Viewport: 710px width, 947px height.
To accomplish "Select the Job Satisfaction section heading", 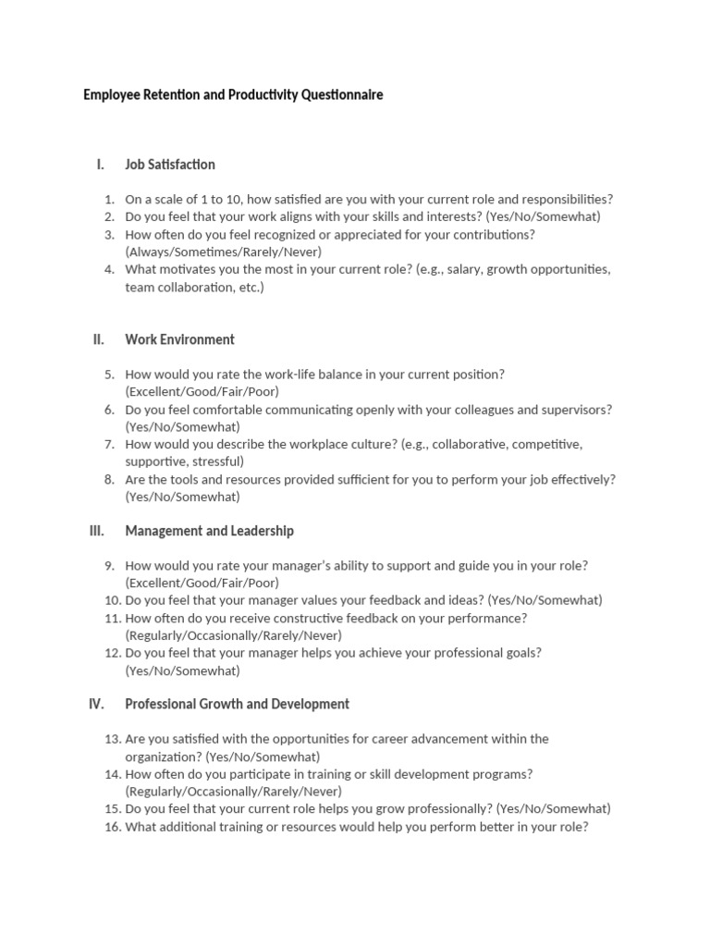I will tap(170, 165).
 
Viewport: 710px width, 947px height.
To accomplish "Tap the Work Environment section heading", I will tap(179, 339).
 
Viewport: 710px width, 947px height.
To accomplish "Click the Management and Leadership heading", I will tap(209, 531).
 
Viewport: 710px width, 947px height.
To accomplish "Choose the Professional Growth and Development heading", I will tap(237, 704).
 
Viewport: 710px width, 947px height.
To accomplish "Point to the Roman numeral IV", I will tap(96, 704).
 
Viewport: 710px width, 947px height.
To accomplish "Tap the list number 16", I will tap(112, 827).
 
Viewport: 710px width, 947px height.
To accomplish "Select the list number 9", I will tap(109, 565).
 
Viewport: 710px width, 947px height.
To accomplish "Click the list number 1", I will tap(109, 199).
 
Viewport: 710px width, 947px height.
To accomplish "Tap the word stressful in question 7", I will tap(214, 461).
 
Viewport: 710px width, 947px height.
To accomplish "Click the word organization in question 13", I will tap(164, 756).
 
